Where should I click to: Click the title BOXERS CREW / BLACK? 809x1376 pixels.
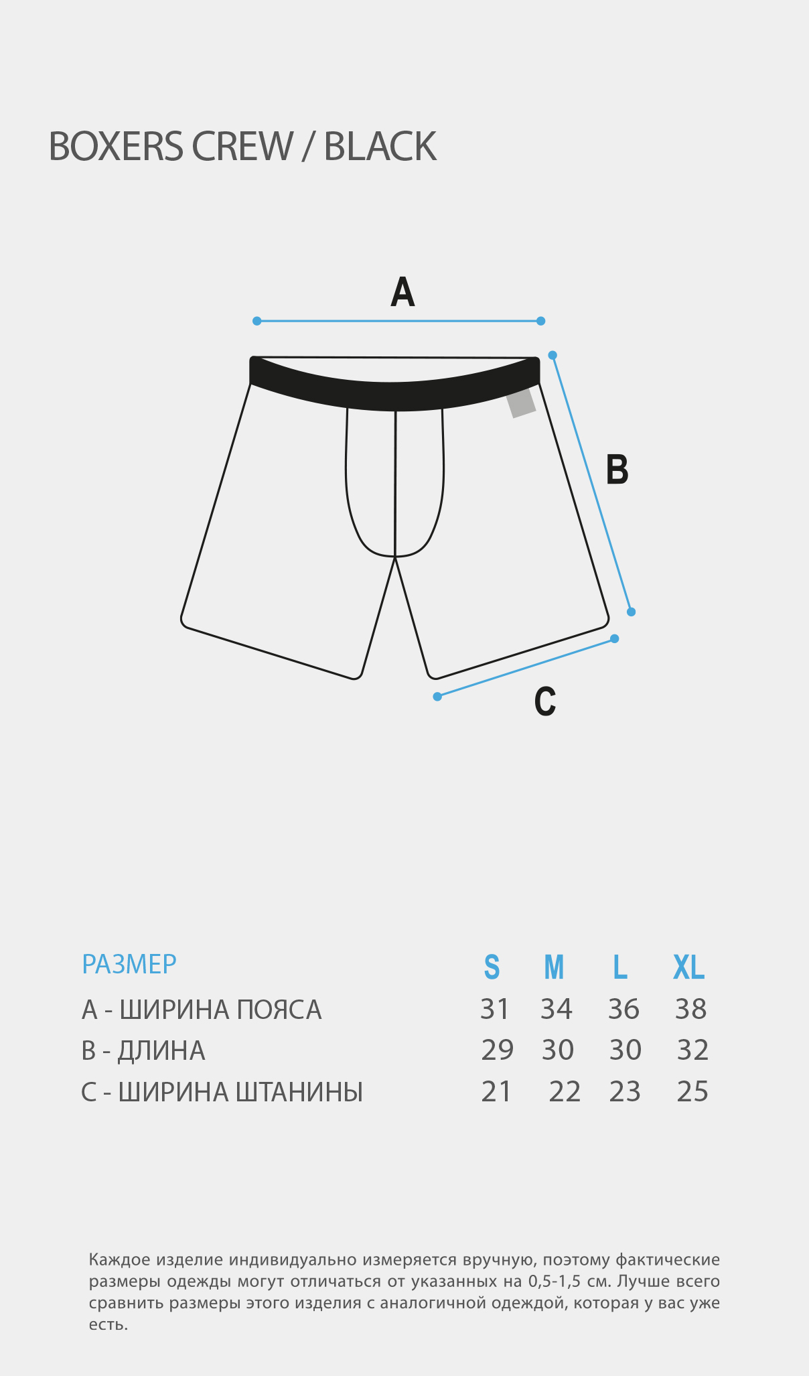pyautogui.click(x=242, y=146)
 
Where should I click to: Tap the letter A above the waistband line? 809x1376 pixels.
pyautogui.click(x=402, y=292)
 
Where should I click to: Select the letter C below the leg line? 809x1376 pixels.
pyautogui.click(x=545, y=701)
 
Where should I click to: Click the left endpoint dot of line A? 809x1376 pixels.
pyautogui.click(x=256, y=321)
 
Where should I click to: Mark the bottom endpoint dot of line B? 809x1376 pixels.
pyautogui.click(x=631, y=612)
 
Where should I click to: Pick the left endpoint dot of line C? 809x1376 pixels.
pyautogui.click(x=437, y=697)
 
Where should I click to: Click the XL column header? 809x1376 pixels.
pyautogui.click(x=689, y=967)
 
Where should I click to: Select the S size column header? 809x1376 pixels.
pyautogui.click(x=492, y=967)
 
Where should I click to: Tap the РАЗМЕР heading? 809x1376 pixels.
pyautogui.click(x=129, y=964)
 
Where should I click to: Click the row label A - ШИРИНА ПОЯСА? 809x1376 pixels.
pyautogui.click(x=202, y=1010)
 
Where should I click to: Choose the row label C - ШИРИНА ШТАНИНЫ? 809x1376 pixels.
pyautogui.click(x=222, y=1092)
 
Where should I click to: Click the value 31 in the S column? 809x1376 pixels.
pyautogui.click(x=495, y=1009)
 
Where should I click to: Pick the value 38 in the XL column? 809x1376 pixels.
pyautogui.click(x=691, y=1009)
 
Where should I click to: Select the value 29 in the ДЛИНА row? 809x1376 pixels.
pyautogui.click(x=498, y=1050)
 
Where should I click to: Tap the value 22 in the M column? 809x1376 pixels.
pyautogui.click(x=565, y=1091)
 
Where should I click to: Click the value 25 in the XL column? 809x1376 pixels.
pyautogui.click(x=692, y=1091)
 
